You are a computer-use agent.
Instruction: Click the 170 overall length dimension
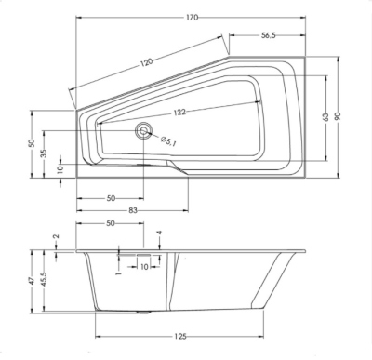coord(193,18)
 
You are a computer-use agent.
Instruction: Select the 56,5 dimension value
coord(268,35)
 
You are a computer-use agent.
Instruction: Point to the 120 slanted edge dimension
coord(147,62)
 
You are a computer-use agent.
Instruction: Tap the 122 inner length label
coord(179,112)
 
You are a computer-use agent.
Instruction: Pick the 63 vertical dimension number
coord(325,117)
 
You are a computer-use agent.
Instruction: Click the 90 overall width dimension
coord(338,116)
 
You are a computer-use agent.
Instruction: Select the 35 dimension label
coord(45,153)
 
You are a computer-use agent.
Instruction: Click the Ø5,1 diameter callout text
coord(168,141)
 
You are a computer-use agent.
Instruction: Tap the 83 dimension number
coord(133,210)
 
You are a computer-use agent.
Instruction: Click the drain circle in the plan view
coord(143,131)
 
